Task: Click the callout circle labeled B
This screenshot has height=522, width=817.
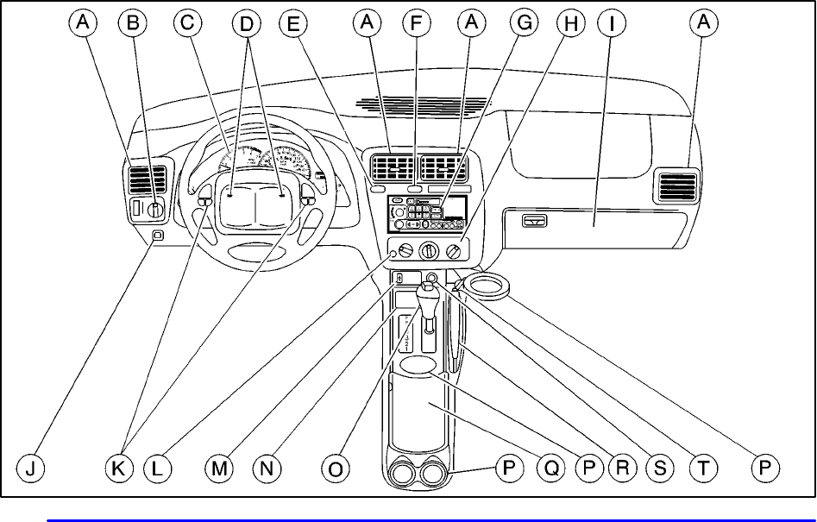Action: [x=133, y=25]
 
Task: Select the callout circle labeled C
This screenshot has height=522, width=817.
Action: [x=186, y=25]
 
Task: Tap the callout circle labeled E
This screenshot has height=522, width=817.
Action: [x=294, y=25]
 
